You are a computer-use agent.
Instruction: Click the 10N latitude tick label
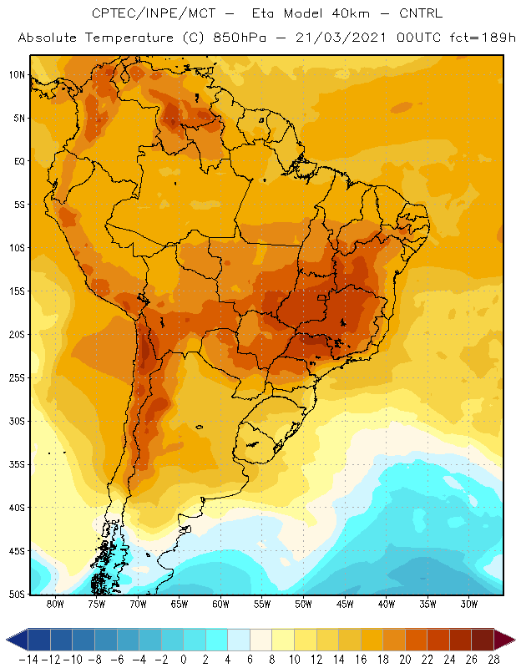17,75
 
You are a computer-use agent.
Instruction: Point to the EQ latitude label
19,161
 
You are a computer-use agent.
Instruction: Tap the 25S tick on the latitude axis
17,378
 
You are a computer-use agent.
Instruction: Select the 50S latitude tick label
17,594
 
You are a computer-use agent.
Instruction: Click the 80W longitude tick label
55,604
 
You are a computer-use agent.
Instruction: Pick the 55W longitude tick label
262,604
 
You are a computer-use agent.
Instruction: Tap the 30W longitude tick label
468,604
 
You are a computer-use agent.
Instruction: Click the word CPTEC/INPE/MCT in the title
154,13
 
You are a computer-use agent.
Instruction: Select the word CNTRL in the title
421,13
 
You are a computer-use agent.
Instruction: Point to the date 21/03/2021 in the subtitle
341,38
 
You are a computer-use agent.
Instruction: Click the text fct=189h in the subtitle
483,38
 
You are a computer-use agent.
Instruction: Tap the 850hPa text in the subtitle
240,38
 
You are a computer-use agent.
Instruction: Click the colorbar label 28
493,660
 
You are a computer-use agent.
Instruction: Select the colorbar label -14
29,660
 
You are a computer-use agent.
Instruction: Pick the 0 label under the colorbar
184,660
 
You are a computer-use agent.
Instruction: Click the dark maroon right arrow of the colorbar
504,640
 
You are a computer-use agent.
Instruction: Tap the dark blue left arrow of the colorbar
17,640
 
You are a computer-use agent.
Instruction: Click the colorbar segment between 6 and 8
261,640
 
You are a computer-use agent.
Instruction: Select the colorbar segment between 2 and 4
216,640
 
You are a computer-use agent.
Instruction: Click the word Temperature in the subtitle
129,38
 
